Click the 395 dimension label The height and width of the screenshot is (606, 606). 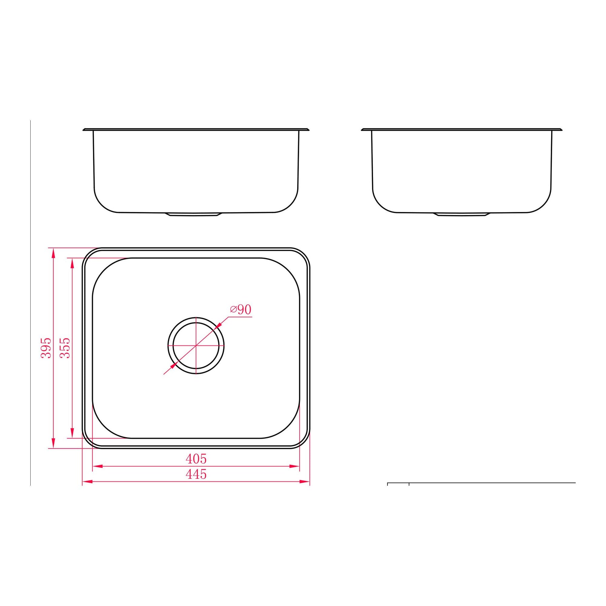pos(46,348)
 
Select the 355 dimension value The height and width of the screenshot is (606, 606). pos(65,348)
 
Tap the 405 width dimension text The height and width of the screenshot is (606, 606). pos(196,459)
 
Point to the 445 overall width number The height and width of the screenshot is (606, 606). pos(196,474)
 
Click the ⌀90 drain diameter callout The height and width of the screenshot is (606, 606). pos(241,309)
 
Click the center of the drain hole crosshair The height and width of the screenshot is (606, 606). pos(196,345)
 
